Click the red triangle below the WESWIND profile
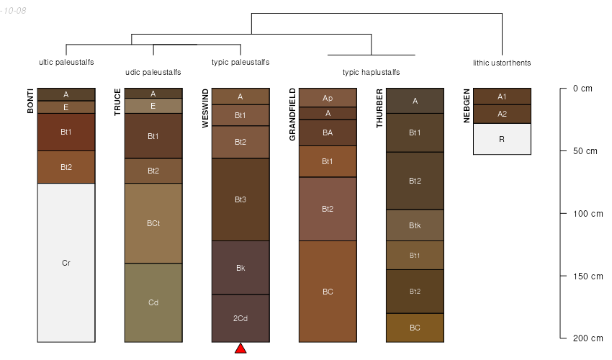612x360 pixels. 240,348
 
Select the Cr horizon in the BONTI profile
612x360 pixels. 66,263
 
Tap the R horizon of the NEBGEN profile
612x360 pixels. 502,139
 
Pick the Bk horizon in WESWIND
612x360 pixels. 240,268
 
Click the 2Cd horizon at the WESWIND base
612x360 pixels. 240,318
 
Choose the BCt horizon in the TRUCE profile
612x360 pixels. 153,223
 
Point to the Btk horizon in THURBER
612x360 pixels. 415,225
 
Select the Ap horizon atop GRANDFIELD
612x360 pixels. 328,98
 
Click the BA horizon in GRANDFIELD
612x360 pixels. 328,132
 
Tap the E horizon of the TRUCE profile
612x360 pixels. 153,106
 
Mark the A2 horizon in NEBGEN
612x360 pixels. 502,114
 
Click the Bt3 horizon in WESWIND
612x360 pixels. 240,199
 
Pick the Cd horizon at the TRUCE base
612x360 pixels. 153,302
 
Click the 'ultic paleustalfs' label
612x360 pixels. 66,62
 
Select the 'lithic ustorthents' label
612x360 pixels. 502,63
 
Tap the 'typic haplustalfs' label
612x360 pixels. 372,72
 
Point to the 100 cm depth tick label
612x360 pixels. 588,214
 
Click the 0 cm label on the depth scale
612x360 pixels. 582,89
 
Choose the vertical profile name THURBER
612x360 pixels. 379,108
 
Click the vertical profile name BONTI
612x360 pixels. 30,101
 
